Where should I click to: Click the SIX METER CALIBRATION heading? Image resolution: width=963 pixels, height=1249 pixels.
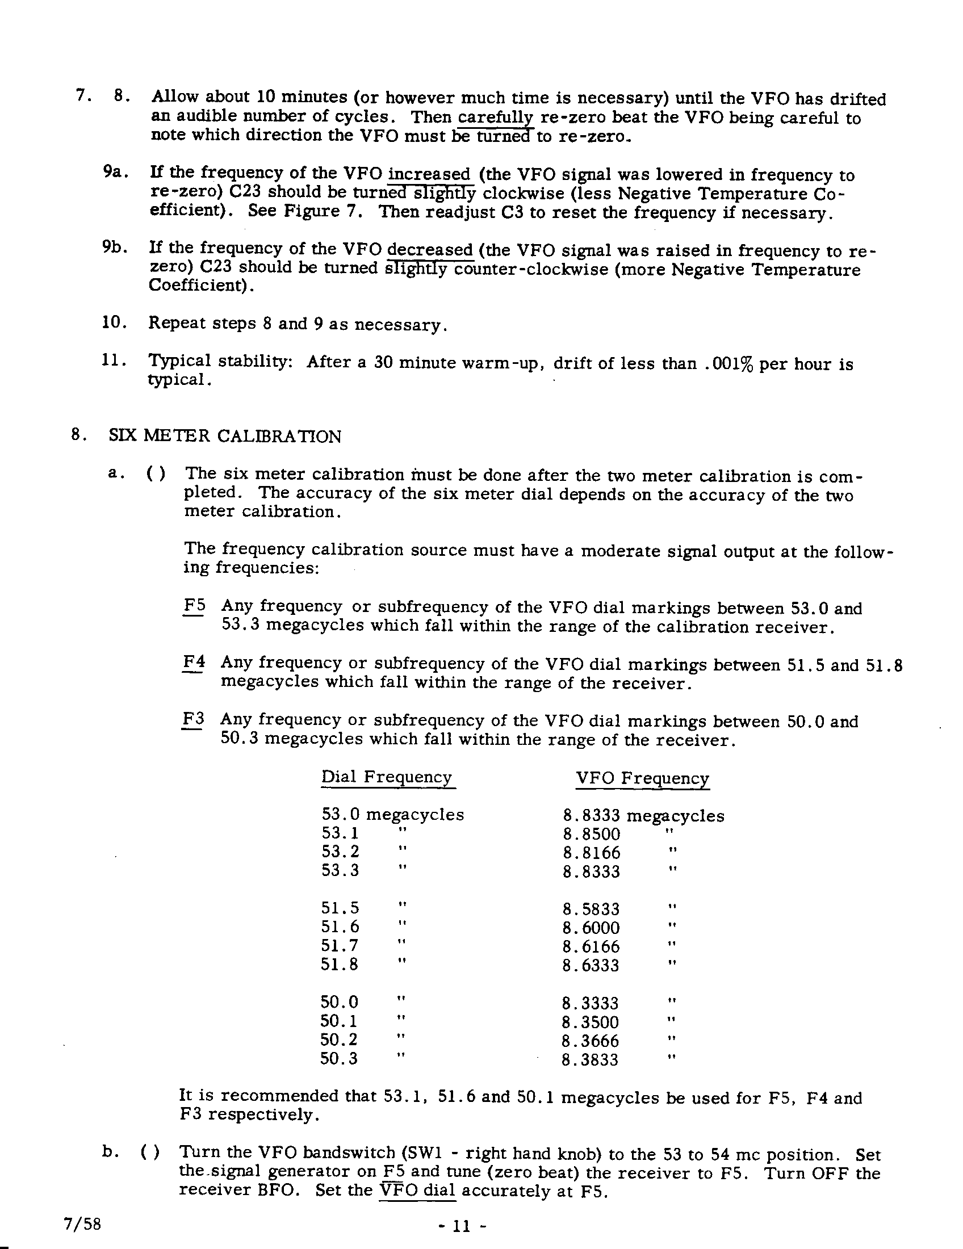click(x=225, y=437)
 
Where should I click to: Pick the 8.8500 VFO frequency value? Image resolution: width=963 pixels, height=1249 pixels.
click(x=591, y=834)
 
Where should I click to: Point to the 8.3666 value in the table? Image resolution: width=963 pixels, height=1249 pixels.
click(x=590, y=1040)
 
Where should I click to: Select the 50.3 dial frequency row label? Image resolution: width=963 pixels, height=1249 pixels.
click(x=339, y=1059)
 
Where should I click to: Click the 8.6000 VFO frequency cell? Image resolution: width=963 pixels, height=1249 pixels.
click(x=591, y=928)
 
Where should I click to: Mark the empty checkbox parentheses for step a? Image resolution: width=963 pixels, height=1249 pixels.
click(x=156, y=474)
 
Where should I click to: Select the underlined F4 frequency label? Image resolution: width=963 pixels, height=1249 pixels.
click(x=194, y=662)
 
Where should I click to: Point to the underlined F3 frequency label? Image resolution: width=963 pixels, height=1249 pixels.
click(x=193, y=719)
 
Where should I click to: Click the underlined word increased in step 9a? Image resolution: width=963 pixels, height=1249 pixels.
click(x=429, y=174)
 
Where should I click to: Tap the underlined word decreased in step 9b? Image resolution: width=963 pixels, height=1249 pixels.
click(x=430, y=250)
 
